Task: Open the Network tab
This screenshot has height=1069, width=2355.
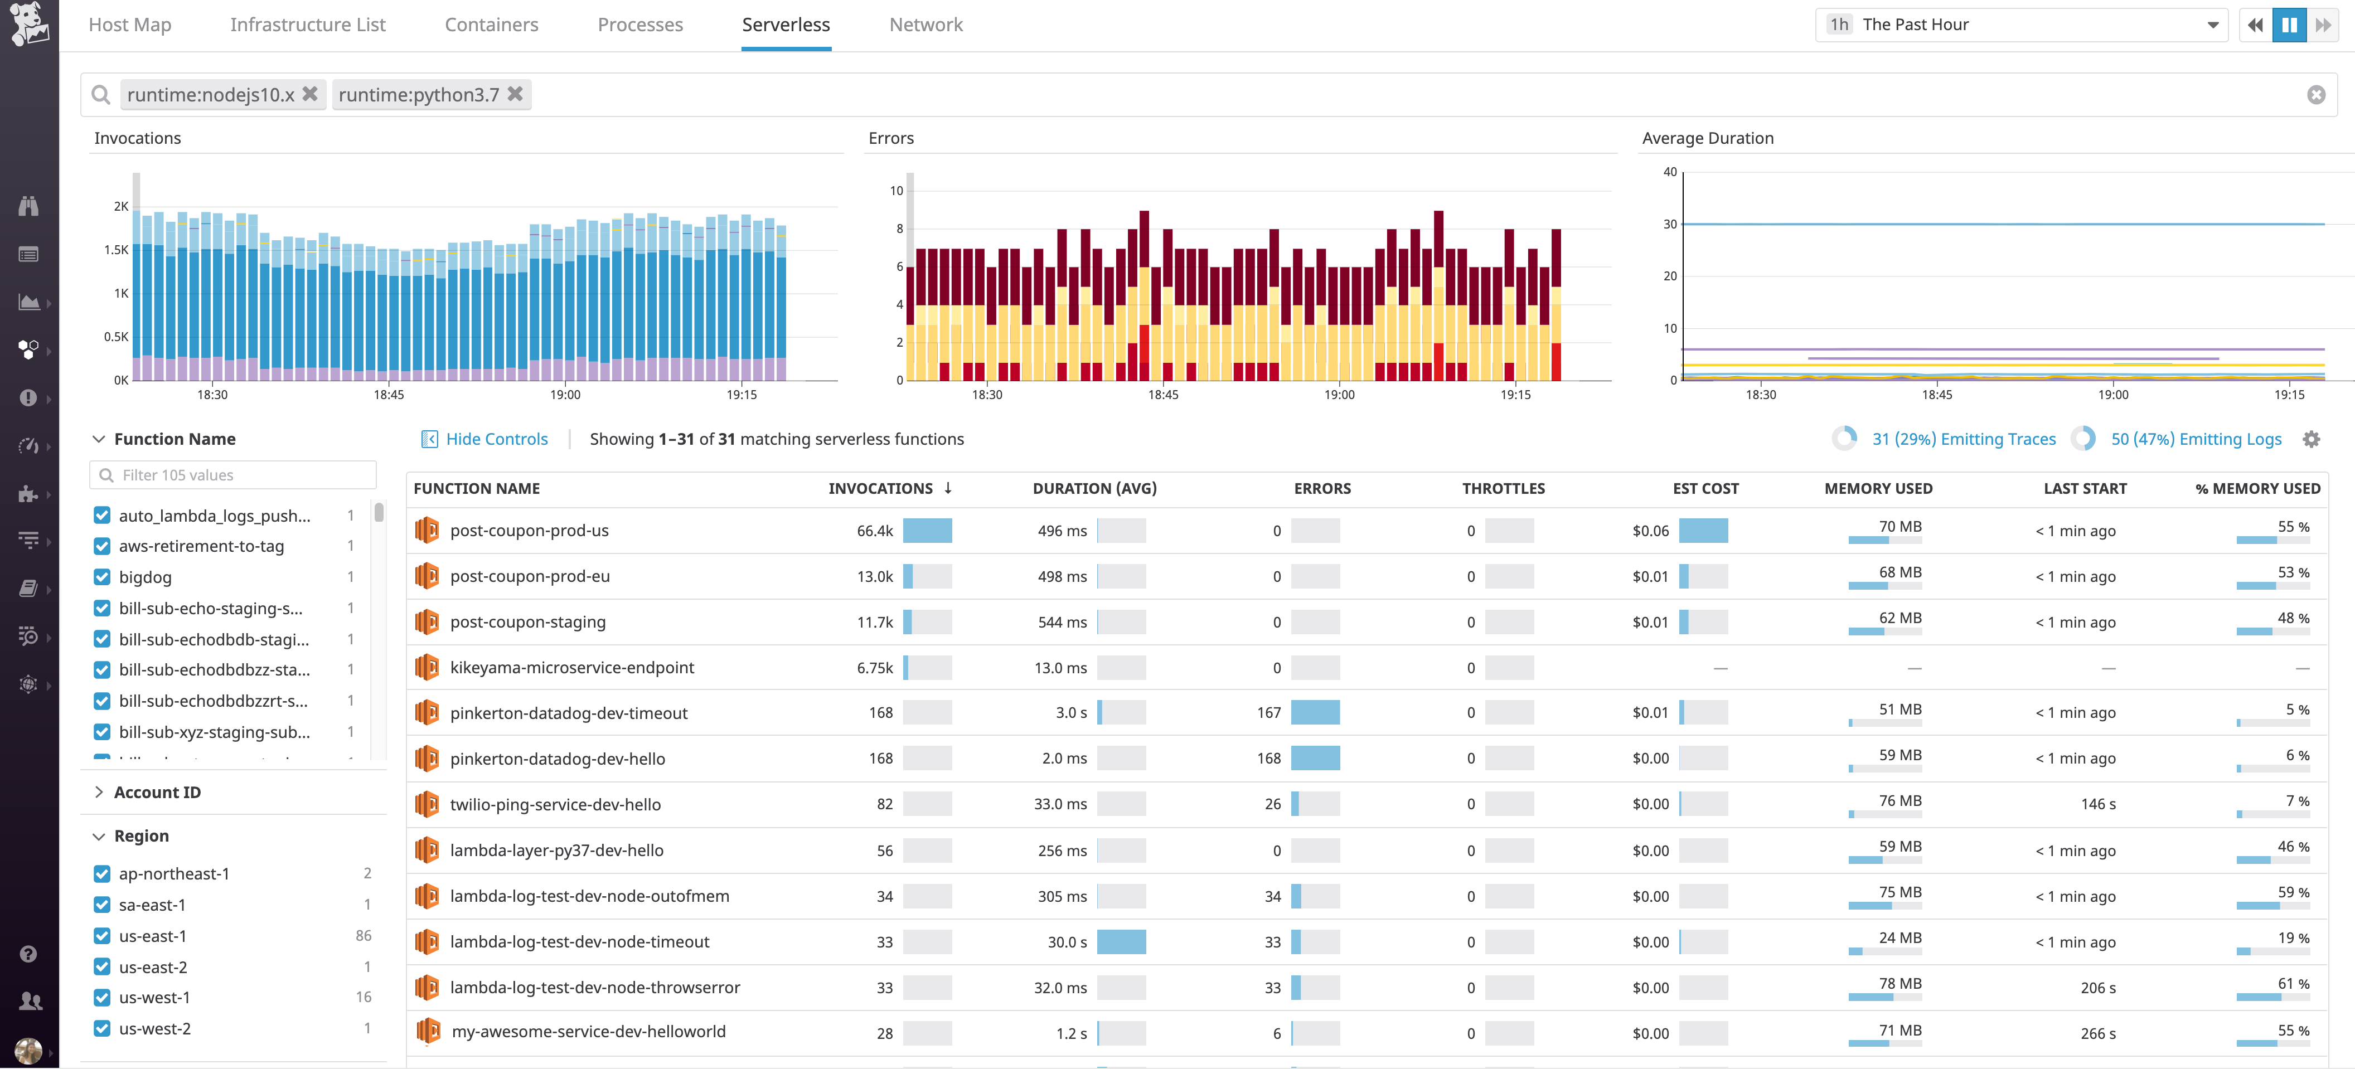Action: [925, 25]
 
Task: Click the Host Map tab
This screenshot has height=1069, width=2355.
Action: [130, 25]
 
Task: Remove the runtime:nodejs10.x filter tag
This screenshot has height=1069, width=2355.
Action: [310, 94]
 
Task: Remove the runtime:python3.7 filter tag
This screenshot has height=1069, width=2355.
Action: [516, 94]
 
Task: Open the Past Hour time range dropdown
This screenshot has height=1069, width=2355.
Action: [2020, 25]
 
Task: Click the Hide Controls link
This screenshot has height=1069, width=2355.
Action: [496, 440]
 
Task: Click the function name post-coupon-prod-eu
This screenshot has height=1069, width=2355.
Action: [529, 576]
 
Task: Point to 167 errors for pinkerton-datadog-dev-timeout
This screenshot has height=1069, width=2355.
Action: [1268, 713]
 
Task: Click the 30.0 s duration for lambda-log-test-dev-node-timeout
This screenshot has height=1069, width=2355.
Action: [1067, 942]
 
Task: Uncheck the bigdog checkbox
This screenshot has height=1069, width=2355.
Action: [103, 577]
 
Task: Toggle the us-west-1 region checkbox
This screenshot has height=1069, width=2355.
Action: [103, 998]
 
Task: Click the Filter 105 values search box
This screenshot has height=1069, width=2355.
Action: [233, 475]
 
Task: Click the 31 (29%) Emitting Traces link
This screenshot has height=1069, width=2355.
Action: [1963, 440]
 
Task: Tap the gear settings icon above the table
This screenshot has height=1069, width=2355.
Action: [2311, 440]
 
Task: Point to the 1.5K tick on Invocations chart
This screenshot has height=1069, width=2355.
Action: [116, 250]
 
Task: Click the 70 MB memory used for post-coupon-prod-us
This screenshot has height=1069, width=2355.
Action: [1899, 527]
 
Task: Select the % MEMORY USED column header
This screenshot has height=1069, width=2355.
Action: [2257, 489]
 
